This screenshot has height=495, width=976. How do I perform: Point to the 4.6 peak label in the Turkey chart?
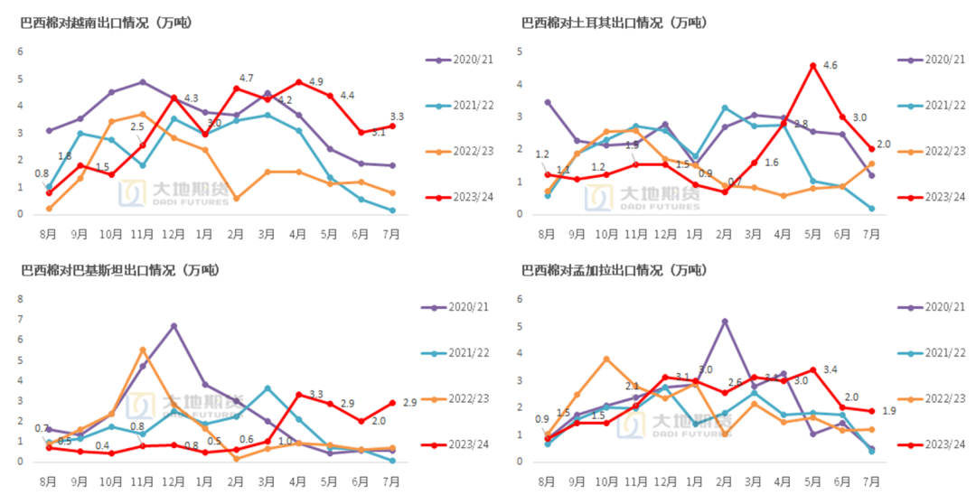tap(831, 65)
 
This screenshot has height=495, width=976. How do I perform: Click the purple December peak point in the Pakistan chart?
tap(174, 326)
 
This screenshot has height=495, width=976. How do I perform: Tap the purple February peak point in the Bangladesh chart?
tap(725, 321)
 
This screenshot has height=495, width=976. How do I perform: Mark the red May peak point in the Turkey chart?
tap(813, 65)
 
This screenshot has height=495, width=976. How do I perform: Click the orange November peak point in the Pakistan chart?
tap(143, 350)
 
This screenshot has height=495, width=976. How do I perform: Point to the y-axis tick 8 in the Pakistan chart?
tap(21, 320)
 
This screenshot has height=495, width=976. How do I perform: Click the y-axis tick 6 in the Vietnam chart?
tap(21, 51)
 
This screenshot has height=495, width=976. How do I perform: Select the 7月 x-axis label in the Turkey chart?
tap(871, 234)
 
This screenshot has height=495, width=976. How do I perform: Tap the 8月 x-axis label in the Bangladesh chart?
tap(547, 481)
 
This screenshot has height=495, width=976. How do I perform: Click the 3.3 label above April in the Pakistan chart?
tap(316, 395)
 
